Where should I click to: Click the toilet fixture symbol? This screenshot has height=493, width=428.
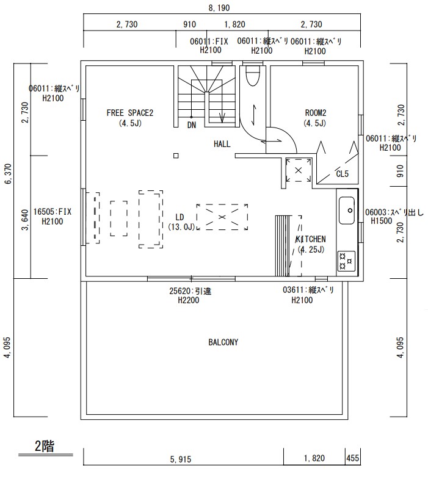click(x=252, y=75)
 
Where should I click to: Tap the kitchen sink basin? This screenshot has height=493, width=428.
click(x=347, y=211)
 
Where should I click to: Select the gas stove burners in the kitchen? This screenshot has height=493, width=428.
click(x=346, y=261)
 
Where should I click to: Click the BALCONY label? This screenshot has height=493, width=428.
click(x=223, y=342)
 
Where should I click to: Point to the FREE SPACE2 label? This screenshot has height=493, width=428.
click(x=129, y=113)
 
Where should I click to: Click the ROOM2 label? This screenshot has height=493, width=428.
click(x=315, y=113)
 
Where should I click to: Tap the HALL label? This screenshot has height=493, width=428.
click(x=222, y=144)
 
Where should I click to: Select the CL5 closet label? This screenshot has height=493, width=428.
click(x=343, y=174)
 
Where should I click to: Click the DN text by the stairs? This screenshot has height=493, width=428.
click(x=192, y=125)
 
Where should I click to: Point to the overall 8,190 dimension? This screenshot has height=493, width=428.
click(x=219, y=8)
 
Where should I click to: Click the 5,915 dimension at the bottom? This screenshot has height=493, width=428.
click(x=181, y=459)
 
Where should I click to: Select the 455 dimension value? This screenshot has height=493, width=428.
click(x=352, y=458)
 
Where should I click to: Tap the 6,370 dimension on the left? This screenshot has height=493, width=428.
click(x=8, y=173)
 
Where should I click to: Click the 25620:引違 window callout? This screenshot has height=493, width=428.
click(x=190, y=291)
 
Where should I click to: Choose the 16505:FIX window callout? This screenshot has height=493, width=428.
click(x=53, y=212)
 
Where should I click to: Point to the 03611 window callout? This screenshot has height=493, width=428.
click(x=308, y=290)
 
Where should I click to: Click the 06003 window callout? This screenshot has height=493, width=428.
click(x=394, y=212)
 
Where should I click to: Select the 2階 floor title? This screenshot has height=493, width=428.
click(x=45, y=446)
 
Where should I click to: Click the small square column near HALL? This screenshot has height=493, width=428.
click(x=176, y=156)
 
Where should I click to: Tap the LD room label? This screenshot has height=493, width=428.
click(x=180, y=217)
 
